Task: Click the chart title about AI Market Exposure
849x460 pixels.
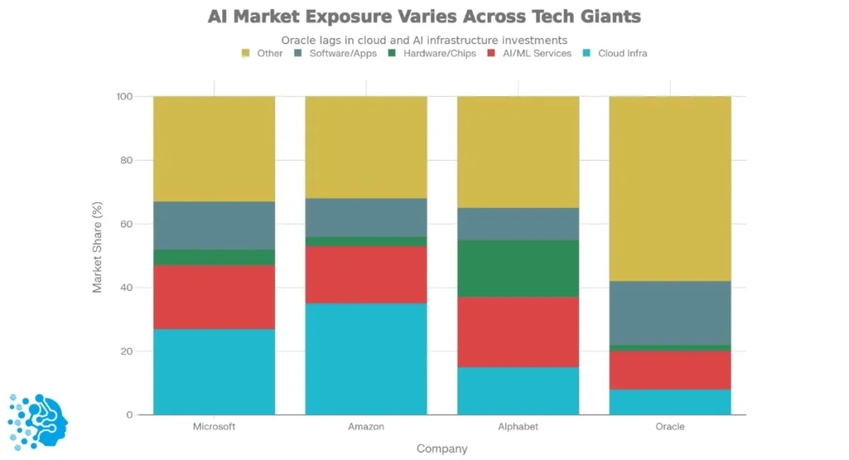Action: [424, 17]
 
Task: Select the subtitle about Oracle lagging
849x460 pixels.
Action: [424, 40]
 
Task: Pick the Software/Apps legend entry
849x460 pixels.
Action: [335, 53]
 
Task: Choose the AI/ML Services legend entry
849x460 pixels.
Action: [531, 53]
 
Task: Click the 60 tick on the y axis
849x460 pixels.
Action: [124, 224]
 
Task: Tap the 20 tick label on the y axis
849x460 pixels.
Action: [124, 351]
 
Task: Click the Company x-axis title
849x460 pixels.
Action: [442, 448]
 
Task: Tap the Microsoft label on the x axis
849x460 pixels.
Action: [214, 427]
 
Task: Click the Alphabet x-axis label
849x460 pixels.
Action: [518, 427]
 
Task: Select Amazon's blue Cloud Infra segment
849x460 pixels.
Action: [366, 359]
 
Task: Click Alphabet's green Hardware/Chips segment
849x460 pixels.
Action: [518, 269]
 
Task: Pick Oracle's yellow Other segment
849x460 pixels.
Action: [670, 188]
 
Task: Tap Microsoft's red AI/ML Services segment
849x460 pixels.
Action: [214, 297]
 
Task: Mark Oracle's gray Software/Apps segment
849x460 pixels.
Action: [670, 312]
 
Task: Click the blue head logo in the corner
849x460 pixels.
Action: [38, 422]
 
